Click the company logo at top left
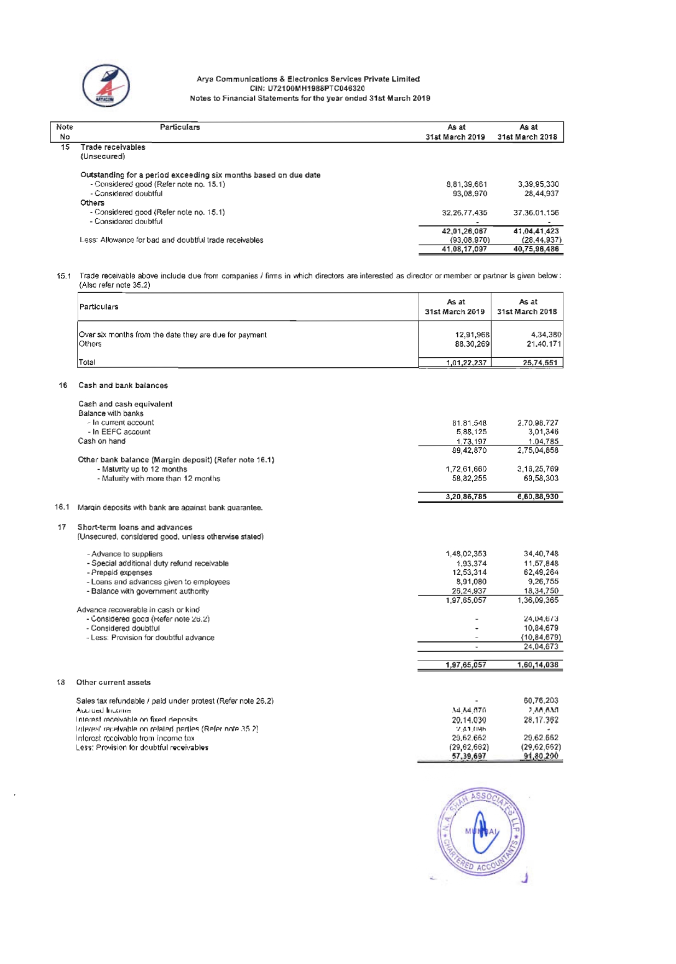pyautogui.click(x=106, y=85)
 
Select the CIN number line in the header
pyautogui.click(x=307, y=89)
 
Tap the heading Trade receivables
pyautogui.click(x=113, y=147)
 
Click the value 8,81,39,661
pyautogui.click(x=467, y=184)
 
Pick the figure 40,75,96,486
pyautogui.click(x=536, y=249)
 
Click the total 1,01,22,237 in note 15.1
pyautogui.click(x=466, y=363)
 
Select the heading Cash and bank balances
pyautogui.click(x=123, y=385)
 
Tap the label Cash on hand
pyautogui.click(x=102, y=441)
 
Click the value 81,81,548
pyautogui.click(x=469, y=423)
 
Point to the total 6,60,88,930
pyautogui.click(x=538, y=497)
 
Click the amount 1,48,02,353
pyautogui.click(x=466, y=554)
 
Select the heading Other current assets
pyautogui.click(x=113, y=682)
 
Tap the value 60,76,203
pyautogui.click(x=541, y=700)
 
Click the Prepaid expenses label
pyautogui.click(x=121, y=572)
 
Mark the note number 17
pyautogui.click(x=62, y=527)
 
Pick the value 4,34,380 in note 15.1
pyautogui.click(x=546, y=335)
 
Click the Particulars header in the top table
pyautogui.click(x=180, y=127)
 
